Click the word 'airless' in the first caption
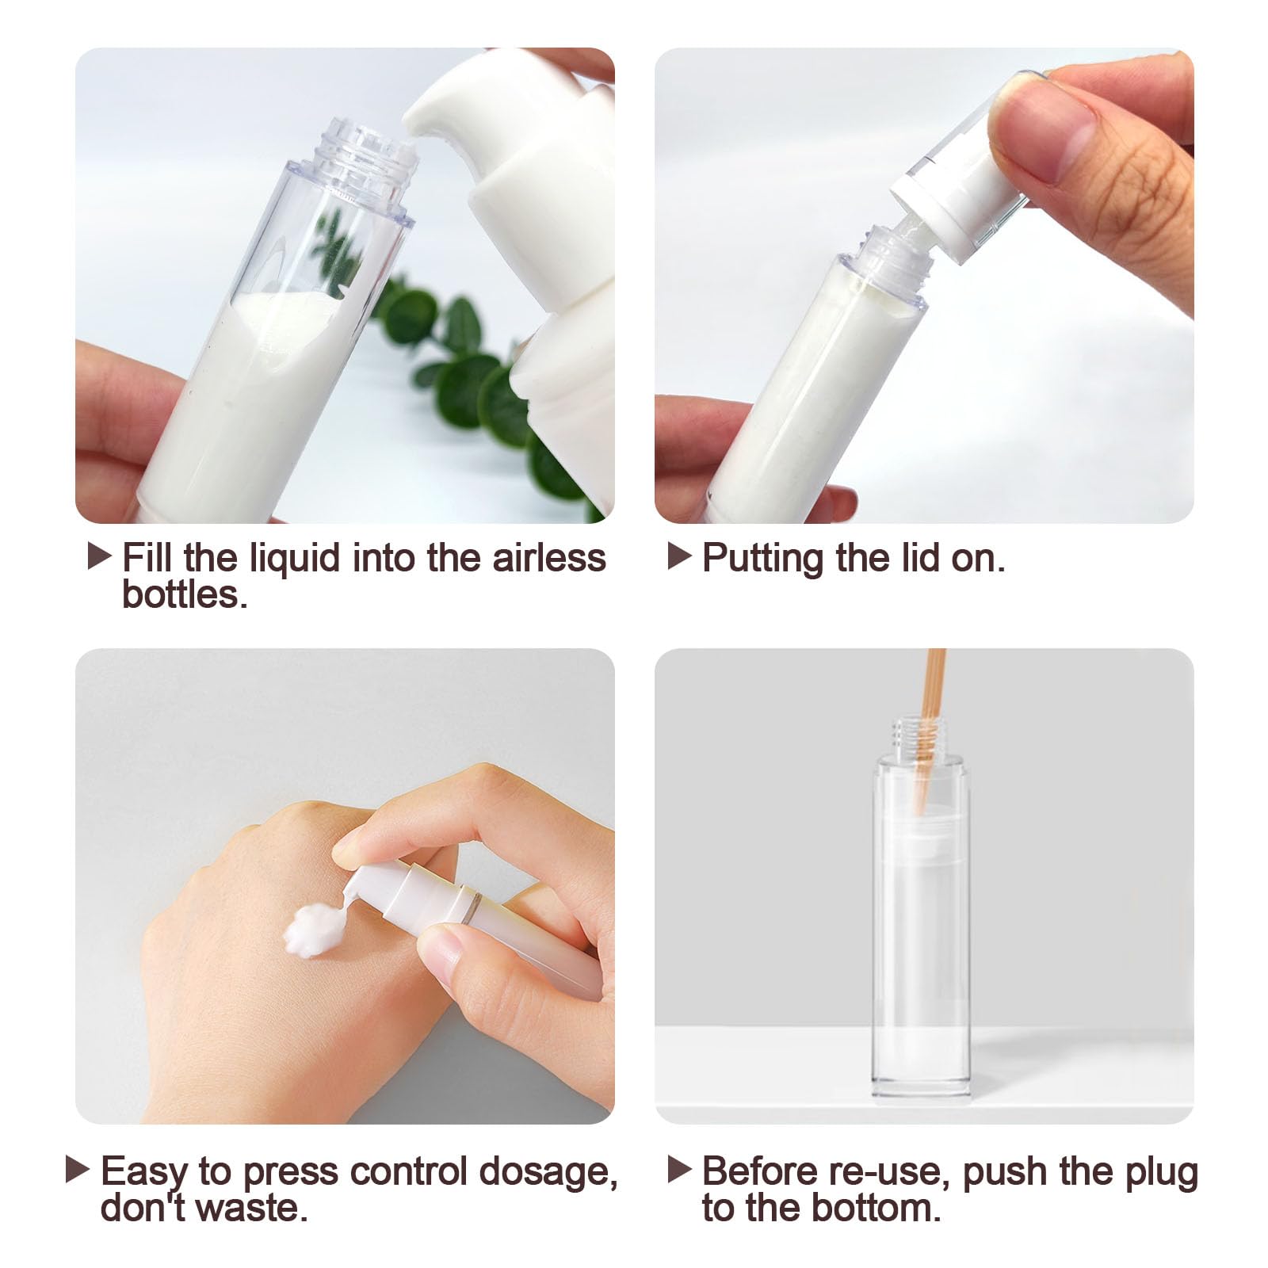coord(548,557)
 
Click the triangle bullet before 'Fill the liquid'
coord(99,556)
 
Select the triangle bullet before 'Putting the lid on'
coord(680,556)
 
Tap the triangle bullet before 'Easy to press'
coord(77,1169)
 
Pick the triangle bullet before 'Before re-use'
coord(680,1169)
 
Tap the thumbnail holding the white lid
coord(1047,132)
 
